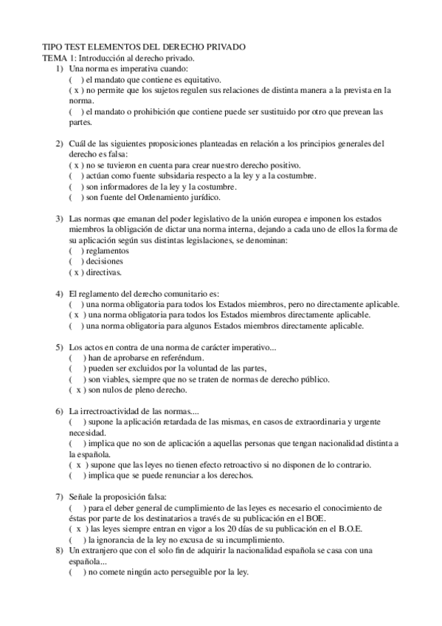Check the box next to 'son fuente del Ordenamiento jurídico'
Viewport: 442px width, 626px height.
pyautogui.click(x=77, y=197)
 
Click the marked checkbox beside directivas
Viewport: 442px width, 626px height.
pyautogui.click(x=77, y=272)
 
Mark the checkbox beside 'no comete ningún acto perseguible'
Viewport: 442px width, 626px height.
pyautogui.click(x=77, y=572)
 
